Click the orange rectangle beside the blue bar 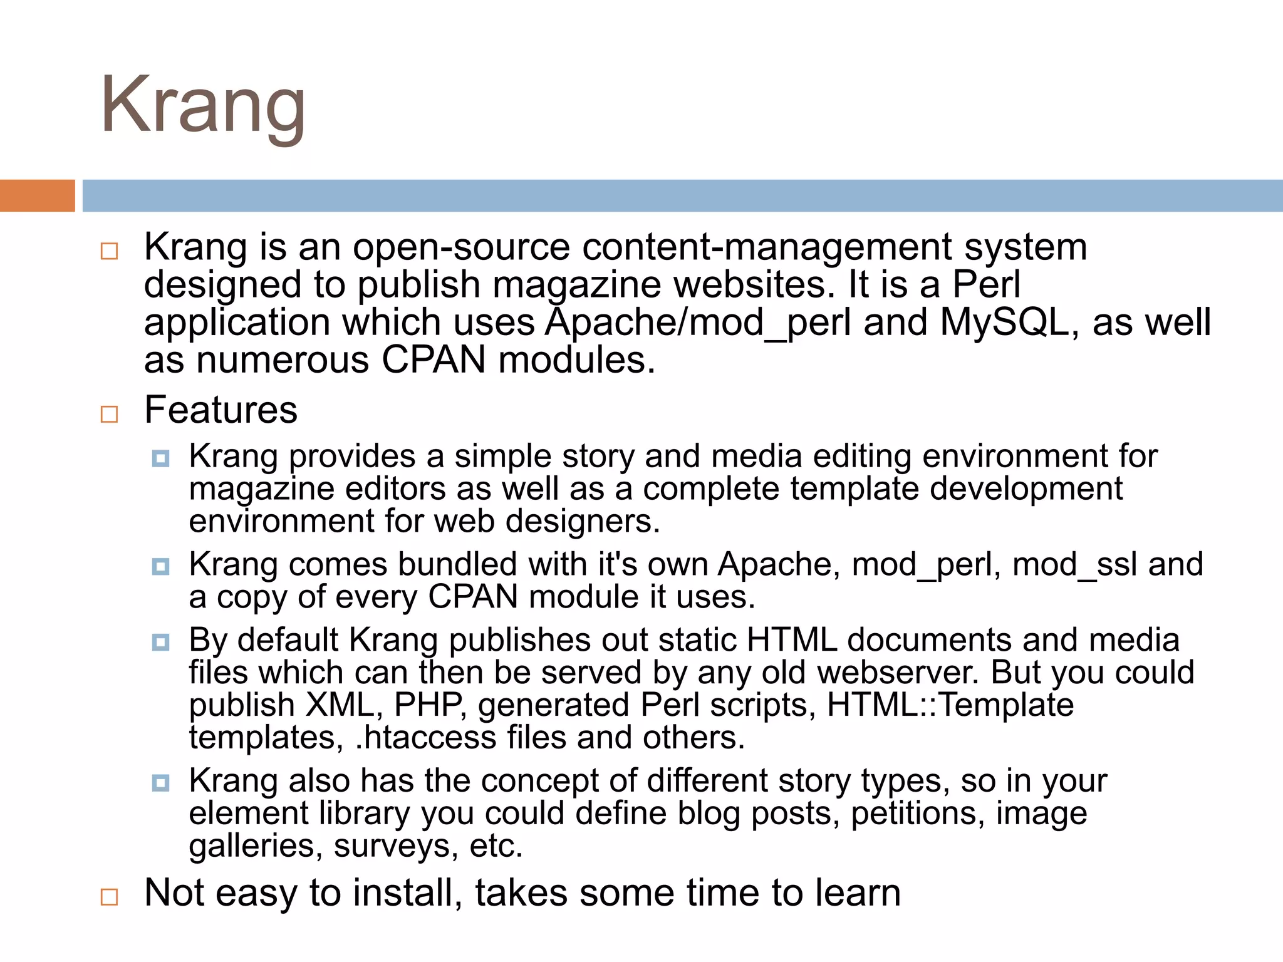point(37,195)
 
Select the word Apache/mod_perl point(698,324)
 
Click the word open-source point(461,247)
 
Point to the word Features point(221,410)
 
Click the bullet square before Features point(109,414)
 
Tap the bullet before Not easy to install point(109,897)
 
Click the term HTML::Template point(950,705)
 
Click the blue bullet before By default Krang point(161,642)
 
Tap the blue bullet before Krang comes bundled point(161,567)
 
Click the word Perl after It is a point(986,284)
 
